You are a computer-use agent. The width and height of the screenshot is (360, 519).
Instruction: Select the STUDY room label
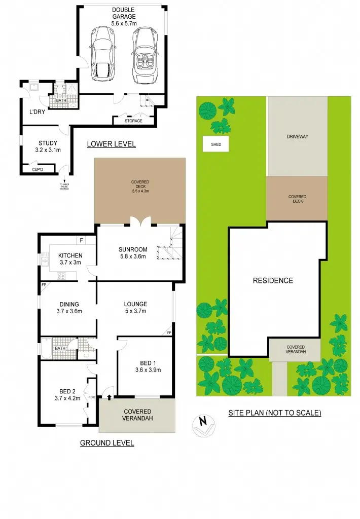click(x=48, y=146)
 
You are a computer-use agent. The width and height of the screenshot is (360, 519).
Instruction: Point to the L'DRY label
click(x=37, y=112)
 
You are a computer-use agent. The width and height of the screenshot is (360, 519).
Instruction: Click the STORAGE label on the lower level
click(x=133, y=121)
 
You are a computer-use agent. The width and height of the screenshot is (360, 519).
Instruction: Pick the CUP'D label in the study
click(x=38, y=169)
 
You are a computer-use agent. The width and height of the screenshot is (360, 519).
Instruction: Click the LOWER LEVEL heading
click(x=111, y=144)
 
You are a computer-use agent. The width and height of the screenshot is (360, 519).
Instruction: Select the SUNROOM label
click(x=133, y=253)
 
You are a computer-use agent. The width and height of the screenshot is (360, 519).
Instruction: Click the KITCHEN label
click(x=70, y=258)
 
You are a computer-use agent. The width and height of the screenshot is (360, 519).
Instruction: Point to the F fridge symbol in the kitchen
click(x=80, y=240)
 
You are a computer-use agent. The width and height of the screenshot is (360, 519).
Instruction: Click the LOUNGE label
click(x=136, y=308)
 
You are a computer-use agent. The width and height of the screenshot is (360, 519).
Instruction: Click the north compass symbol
click(x=203, y=424)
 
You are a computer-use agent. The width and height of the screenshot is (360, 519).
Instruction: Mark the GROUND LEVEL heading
click(x=107, y=443)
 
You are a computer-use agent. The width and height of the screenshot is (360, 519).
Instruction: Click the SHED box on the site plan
click(x=215, y=144)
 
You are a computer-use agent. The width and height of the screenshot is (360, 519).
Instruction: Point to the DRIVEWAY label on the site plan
click(x=297, y=137)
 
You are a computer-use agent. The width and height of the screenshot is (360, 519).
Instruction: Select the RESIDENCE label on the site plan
click(x=273, y=280)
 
